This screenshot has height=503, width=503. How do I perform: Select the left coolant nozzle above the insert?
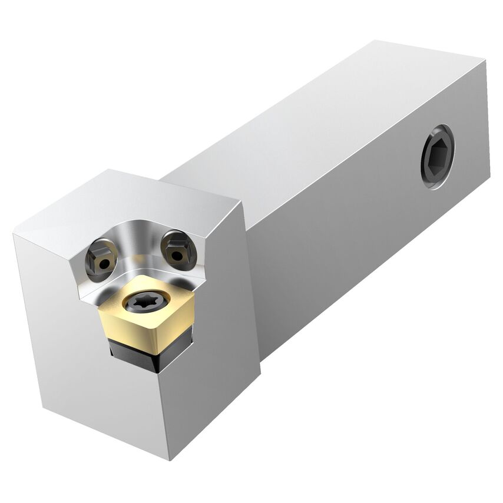coord(101,259)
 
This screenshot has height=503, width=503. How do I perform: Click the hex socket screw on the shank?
coord(438,157)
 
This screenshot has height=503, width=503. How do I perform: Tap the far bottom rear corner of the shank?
coord(489,177)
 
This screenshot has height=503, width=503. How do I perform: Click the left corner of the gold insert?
coord(98,306)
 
